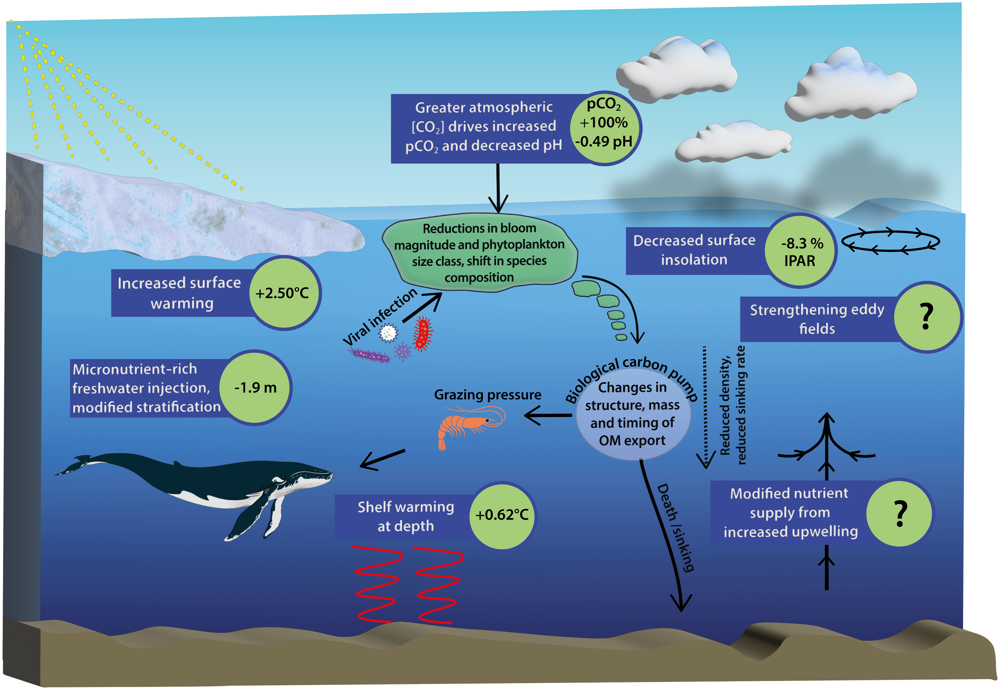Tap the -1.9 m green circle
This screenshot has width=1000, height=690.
255,387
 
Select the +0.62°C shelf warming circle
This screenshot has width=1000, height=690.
502,515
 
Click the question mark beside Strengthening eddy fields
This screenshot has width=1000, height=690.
926,317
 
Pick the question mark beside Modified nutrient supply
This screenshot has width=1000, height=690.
900,513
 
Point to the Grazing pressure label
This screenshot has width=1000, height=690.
487,395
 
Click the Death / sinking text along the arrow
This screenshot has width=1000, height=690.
675,527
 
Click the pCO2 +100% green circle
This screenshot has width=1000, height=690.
605,128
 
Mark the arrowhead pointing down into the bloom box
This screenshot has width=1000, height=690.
498,203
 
